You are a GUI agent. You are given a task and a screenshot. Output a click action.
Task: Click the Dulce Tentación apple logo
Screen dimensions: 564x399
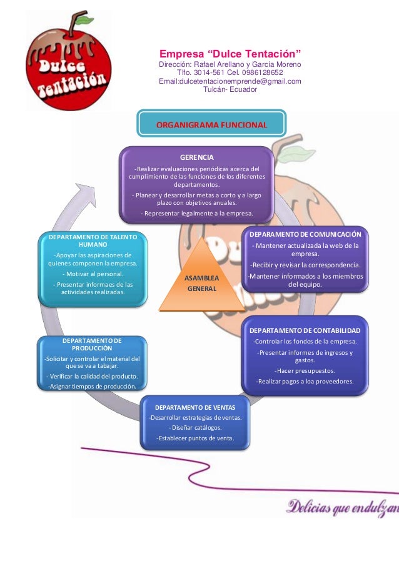(x=66, y=62)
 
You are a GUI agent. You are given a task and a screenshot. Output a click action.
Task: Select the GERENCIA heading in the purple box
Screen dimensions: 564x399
(x=197, y=157)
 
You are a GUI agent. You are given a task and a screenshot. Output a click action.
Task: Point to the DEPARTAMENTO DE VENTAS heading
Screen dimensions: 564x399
(x=195, y=407)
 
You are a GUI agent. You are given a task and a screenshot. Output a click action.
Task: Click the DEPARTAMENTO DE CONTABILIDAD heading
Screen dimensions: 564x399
(x=305, y=330)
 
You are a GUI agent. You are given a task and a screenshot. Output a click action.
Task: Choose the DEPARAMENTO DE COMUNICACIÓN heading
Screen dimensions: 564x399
(x=305, y=234)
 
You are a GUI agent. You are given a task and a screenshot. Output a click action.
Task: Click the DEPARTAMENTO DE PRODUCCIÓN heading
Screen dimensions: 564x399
(x=92, y=344)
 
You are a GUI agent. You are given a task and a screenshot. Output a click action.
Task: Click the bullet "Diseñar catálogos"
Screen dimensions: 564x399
(x=195, y=428)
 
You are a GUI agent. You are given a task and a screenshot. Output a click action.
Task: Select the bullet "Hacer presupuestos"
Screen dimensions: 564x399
(x=305, y=370)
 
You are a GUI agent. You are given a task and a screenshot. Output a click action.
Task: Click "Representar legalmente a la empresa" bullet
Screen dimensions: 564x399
(x=196, y=213)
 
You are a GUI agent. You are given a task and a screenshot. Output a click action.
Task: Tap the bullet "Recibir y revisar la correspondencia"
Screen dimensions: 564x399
(x=305, y=264)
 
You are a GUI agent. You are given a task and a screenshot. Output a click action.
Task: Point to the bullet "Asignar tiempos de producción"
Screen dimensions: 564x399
(x=92, y=387)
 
